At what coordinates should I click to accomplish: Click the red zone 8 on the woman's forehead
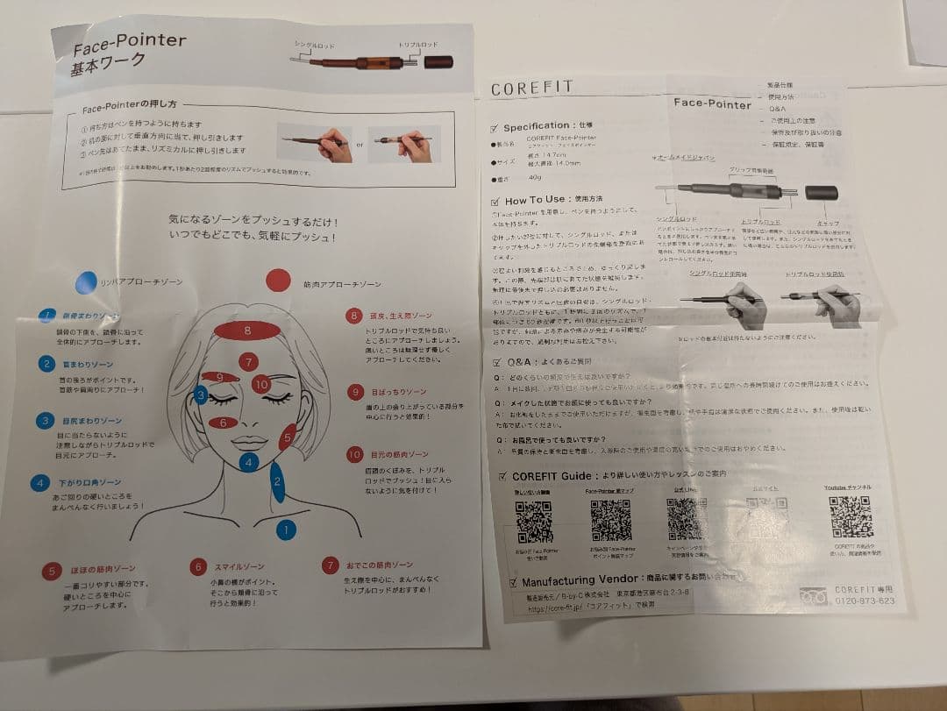click(x=248, y=331)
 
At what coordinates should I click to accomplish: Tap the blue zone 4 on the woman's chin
click(x=249, y=461)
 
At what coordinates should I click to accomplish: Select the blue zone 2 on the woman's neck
click(x=277, y=481)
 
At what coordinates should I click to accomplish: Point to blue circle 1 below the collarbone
click(x=286, y=529)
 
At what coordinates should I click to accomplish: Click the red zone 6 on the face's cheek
click(x=224, y=423)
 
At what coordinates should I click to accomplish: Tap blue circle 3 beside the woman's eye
click(x=201, y=395)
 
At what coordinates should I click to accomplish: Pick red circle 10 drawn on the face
click(x=260, y=383)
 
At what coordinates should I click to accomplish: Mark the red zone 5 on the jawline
click(x=287, y=436)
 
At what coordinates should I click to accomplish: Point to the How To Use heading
click(x=535, y=201)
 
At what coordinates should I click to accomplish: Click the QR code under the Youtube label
click(x=850, y=517)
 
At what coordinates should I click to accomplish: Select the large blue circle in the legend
click(x=86, y=281)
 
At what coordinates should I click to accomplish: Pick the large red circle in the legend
click(x=278, y=280)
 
